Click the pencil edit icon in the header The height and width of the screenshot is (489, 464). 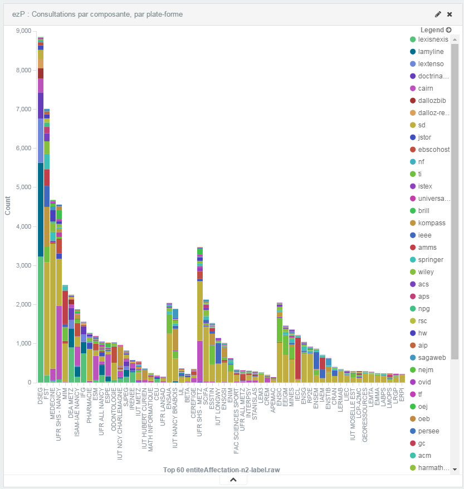click(438, 14)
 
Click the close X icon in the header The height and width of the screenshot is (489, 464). click(450, 14)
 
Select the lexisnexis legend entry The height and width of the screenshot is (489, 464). click(432, 39)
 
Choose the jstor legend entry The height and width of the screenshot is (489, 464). click(424, 137)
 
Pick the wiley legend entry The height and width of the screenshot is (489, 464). click(426, 271)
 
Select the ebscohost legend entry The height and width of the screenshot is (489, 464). click(433, 149)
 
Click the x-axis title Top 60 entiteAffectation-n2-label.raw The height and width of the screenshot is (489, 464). click(221, 470)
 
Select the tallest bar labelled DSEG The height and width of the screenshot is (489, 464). click(40, 223)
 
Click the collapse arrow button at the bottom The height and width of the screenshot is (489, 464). click(233, 480)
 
